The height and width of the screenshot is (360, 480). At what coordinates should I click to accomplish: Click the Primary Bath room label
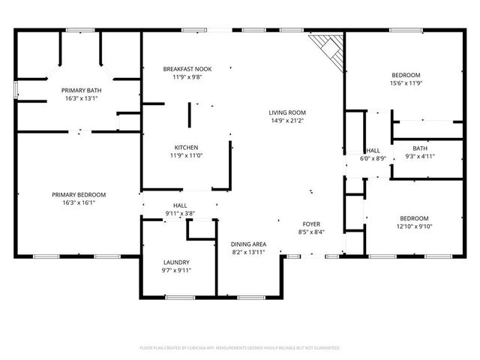(82, 90)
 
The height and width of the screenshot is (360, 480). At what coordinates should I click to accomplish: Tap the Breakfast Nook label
(182, 69)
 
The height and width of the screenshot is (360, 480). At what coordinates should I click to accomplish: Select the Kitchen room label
(185, 147)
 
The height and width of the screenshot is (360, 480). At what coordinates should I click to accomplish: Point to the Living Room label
(287, 112)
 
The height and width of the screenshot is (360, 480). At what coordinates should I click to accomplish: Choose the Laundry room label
(176, 262)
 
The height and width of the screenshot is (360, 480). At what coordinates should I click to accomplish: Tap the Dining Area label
(248, 244)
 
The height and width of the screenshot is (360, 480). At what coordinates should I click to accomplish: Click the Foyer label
(311, 223)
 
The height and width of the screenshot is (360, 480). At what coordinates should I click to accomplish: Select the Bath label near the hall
(419, 148)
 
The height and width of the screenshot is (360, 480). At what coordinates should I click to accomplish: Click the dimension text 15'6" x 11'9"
(407, 83)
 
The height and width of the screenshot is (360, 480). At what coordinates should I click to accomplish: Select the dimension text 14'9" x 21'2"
(287, 121)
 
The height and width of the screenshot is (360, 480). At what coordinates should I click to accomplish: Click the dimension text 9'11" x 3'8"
(180, 213)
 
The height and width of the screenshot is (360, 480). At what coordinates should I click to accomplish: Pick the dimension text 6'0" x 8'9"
(373, 158)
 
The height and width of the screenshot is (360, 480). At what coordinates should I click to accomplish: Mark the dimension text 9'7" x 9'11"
(176, 271)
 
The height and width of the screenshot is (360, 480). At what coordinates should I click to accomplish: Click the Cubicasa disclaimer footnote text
(240, 348)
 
